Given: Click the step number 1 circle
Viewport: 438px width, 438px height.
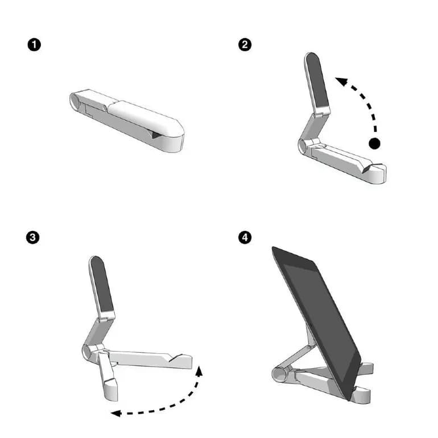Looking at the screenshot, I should click(34, 45).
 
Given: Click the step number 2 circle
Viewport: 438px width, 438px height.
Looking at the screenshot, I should click(245, 45).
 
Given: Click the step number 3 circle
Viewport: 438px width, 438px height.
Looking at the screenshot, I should click(34, 238).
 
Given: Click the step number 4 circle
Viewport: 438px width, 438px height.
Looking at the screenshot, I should click(245, 238).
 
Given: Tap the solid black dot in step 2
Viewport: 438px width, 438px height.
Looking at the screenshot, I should click(374, 143).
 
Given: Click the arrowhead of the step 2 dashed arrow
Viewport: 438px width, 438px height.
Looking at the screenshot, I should click(340, 81).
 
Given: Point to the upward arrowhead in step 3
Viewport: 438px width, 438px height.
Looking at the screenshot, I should click(200, 371).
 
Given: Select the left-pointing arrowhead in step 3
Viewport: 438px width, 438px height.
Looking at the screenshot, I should click(115, 413).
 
